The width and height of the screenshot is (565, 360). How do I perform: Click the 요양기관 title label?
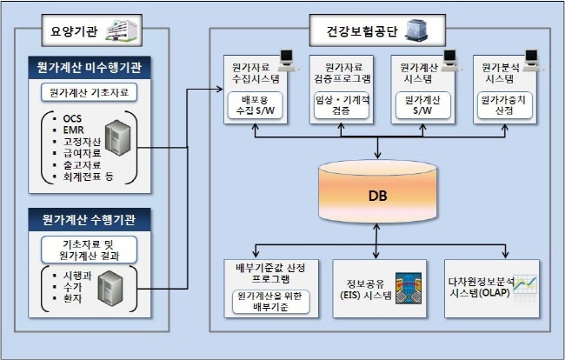pyautogui.click(x=71, y=34)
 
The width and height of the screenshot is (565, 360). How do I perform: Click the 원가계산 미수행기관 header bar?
pyautogui.click(x=88, y=68)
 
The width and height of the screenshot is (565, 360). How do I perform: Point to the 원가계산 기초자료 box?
pyautogui.click(x=89, y=92)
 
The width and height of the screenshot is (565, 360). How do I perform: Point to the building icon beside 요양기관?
pyautogui.click(x=122, y=31)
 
